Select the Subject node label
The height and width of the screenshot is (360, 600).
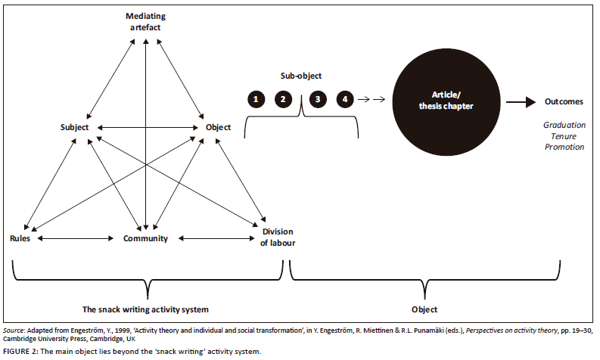pyautogui.click(x=75, y=127)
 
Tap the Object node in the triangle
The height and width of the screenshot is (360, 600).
pyautogui.click(x=218, y=127)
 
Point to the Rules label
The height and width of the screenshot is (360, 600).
pyautogui.click(x=20, y=238)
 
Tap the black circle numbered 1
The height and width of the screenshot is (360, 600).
pyautogui.click(x=257, y=99)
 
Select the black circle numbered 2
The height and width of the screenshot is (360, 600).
pyautogui.click(x=283, y=99)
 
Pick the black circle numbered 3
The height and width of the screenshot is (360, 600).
pyautogui.click(x=318, y=99)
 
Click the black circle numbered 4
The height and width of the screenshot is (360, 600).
pyautogui.click(x=345, y=99)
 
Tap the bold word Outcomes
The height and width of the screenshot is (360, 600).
pyautogui.click(x=564, y=101)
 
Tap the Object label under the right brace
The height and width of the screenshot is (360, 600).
pyautogui.click(x=425, y=309)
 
